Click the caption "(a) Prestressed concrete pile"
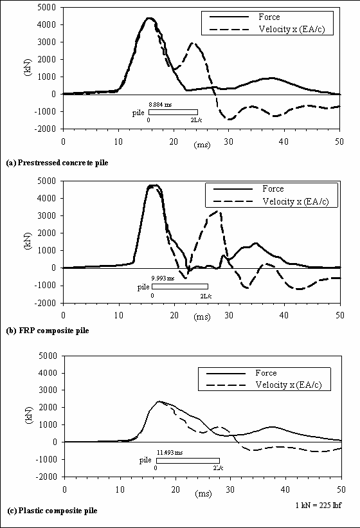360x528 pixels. [x=57, y=163]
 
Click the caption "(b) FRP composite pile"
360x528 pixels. [x=48, y=330]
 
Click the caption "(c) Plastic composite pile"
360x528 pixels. [x=52, y=510]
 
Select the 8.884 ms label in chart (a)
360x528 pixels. [x=160, y=104]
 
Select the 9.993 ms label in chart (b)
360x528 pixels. [x=163, y=278]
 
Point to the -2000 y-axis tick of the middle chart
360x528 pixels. [x=46, y=302]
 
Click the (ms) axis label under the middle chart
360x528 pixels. [x=202, y=317]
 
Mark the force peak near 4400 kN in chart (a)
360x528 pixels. [x=149, y=18]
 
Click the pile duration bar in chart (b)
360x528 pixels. [x=179, y=287]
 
